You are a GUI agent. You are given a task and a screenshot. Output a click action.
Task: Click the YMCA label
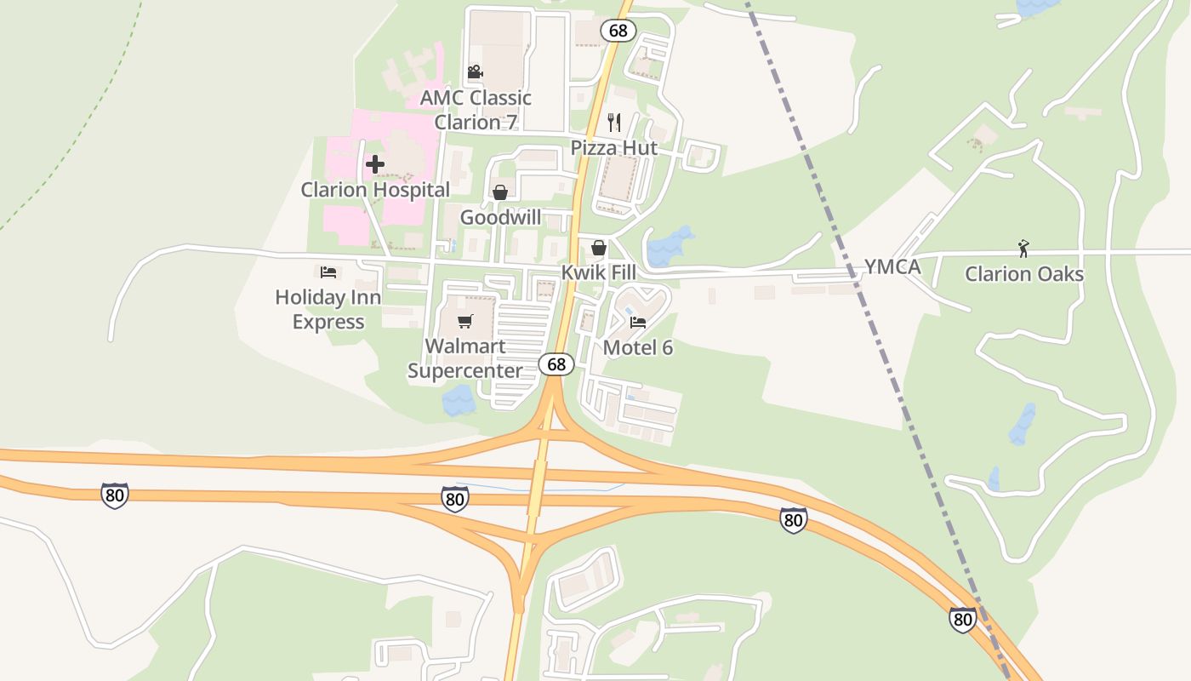pos(892,267)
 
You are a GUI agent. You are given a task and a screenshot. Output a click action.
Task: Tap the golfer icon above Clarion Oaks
pos(1024,249)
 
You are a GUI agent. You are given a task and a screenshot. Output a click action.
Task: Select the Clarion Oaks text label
pos(1024,274)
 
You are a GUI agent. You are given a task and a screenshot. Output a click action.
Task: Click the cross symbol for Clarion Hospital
pos(375,164)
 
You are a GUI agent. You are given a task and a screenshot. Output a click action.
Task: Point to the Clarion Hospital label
pos(375,190)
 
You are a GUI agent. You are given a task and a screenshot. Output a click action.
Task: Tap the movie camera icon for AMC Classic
pos(476,72)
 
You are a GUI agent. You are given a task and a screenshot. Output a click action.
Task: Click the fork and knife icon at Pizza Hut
pos(614,123)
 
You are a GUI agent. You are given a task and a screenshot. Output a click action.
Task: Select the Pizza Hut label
pos(614,148)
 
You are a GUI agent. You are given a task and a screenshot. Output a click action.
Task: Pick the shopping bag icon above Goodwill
pos(500,192)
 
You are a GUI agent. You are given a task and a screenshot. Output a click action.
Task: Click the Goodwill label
pos(500,218)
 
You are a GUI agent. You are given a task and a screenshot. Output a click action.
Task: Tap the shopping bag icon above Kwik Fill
pos(599,248)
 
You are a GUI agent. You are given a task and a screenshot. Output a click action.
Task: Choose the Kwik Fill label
pos(598,273)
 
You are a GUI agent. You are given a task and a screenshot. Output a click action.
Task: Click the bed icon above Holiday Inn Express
pos(328,272)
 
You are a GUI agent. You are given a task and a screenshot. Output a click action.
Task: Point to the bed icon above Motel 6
pos(638,323)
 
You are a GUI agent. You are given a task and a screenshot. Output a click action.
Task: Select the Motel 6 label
pos(638,347)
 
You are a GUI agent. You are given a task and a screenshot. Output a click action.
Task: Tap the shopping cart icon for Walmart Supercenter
pos(464,321)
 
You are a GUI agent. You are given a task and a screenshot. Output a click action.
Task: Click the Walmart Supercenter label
pos(464,358)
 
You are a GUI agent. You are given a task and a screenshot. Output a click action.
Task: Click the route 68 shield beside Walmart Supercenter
pos(556,364)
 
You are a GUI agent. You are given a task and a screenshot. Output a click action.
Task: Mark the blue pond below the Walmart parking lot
pos(459,399)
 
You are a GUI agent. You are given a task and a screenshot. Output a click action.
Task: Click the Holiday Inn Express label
pos(328,310)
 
